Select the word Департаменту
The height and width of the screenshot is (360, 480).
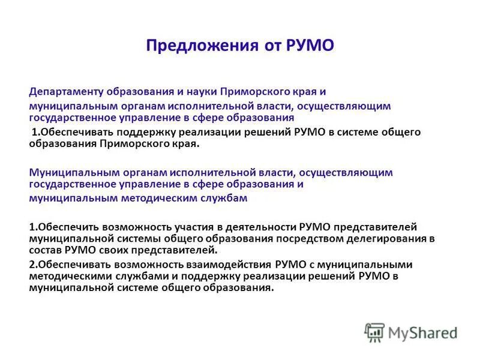pos(67,92)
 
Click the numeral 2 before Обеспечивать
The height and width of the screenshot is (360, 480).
pos(32,264)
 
